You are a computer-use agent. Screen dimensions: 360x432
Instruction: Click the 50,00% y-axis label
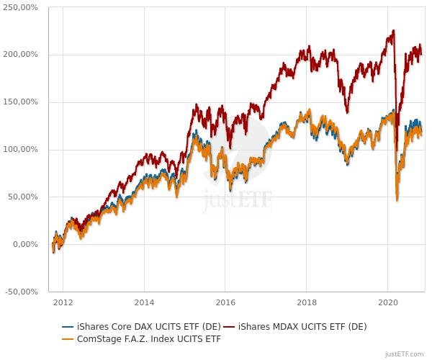click(24, 197)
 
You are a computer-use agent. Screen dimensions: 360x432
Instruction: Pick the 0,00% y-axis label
click(27, 245)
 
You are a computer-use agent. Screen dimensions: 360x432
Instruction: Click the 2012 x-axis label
click(63, 302)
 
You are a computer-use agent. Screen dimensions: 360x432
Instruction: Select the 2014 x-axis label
click(144, 302)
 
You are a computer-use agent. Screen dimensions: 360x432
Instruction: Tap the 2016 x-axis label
click(225, 302)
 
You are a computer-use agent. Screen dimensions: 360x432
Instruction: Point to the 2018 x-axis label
click(307, 302)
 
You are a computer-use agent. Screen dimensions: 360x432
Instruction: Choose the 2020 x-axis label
click(388, 302)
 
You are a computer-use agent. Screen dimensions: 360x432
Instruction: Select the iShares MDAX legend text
click(302, 327)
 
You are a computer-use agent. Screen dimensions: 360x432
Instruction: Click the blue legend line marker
click(68, 327)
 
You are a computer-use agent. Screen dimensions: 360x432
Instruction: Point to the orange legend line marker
click(68, 339)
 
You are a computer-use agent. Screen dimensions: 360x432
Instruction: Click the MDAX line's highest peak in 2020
click(394, 30)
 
